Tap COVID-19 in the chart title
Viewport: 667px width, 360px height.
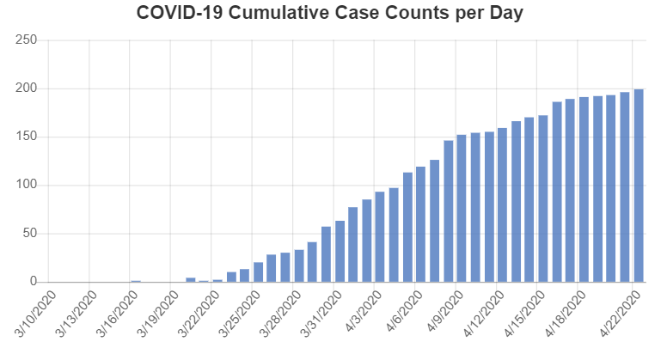(x=180, y=13)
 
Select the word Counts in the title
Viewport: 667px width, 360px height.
(x=417, y=13)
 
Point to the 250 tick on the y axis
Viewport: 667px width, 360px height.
(x=27, y=40)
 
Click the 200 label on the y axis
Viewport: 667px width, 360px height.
(x=27, y=88)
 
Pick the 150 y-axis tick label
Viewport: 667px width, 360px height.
(x=27, y=137)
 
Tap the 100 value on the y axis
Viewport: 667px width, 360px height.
(x=27, y=185)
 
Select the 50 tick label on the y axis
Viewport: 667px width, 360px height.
(x=29, y=234)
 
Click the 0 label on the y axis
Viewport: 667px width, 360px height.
(x=34, y=281)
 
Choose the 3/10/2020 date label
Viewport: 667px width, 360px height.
(x=36, y=314)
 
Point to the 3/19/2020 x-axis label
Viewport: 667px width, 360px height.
(x=158, y=314)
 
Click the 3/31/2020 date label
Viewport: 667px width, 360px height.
(x=321, y=314)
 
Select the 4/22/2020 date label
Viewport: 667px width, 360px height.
(x=621, y=314)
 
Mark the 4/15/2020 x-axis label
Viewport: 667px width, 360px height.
(x=524, y=314)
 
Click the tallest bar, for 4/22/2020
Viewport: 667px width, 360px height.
(x=639, y=186)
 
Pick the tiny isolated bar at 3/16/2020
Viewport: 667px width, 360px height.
(x=136, y=281)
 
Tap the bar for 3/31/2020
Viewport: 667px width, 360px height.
(x=327, y=254)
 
